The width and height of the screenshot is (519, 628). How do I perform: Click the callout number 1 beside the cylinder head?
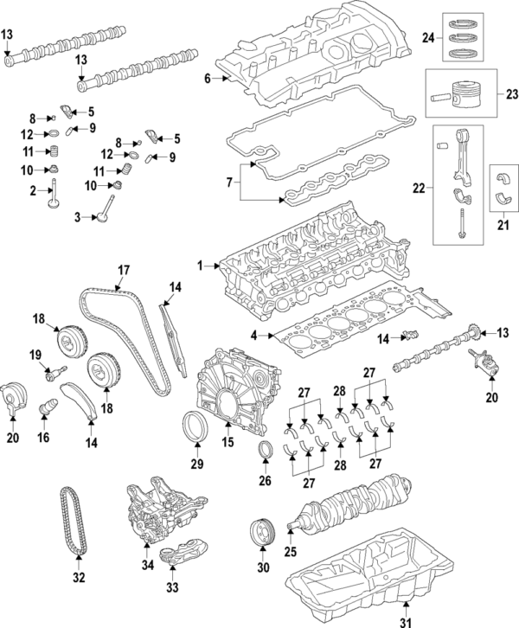point(202,266)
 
